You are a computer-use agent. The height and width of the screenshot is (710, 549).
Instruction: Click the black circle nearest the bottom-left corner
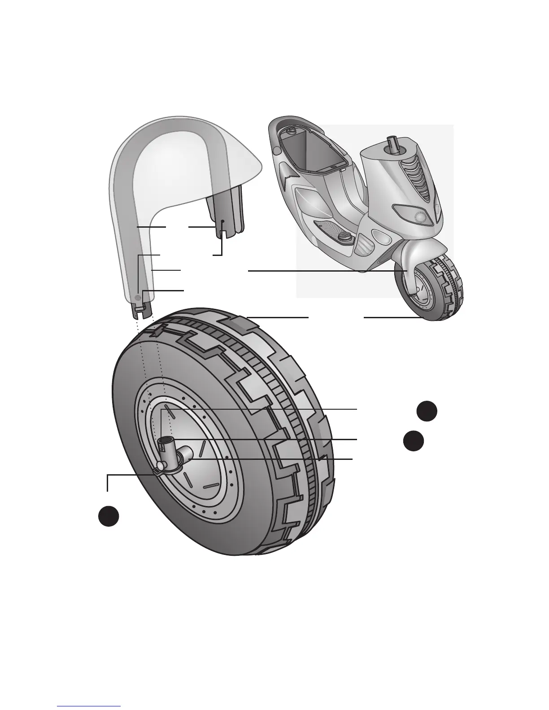(x=109, y=516)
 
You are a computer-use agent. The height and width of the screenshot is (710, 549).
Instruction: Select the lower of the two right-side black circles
(x=413, y=441)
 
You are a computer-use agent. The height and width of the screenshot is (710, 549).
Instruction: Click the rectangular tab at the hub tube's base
(x=158, y=471)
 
